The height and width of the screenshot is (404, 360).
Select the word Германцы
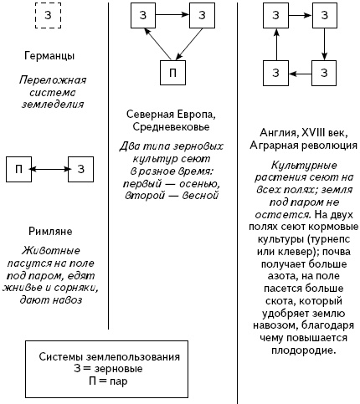[x=47, y=56]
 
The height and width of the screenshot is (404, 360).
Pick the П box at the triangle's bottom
[x=172, y=73]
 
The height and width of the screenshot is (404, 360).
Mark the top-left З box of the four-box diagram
[x=274, y=15]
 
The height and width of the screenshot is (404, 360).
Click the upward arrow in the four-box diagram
[x=274, y=43]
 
